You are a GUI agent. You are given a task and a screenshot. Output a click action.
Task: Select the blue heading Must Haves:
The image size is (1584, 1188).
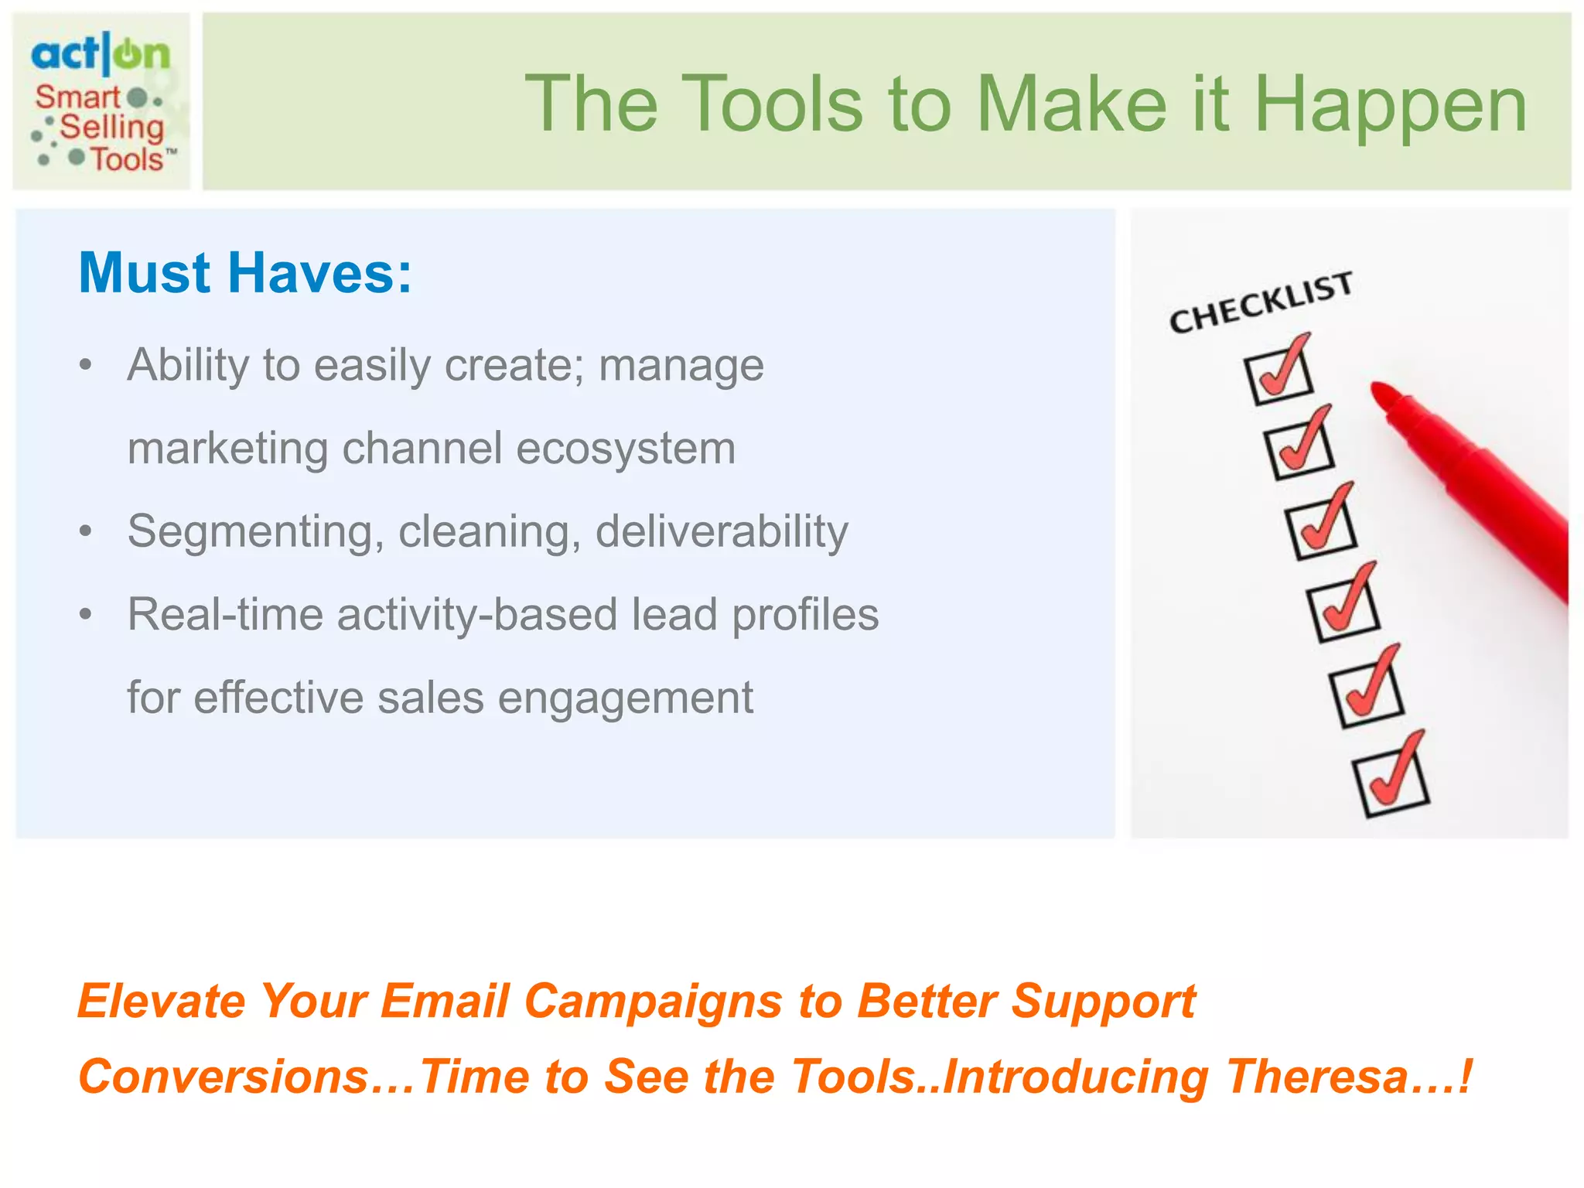[245, 273]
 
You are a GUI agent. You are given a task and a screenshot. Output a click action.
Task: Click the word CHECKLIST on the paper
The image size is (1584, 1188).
[1261, 302]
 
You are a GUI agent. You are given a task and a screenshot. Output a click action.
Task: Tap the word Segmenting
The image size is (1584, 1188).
[255, 532]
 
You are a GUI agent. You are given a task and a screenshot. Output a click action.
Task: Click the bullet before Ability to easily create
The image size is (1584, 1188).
[86, 364]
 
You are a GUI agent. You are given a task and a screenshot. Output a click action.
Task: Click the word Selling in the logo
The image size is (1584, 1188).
[112, 127]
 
